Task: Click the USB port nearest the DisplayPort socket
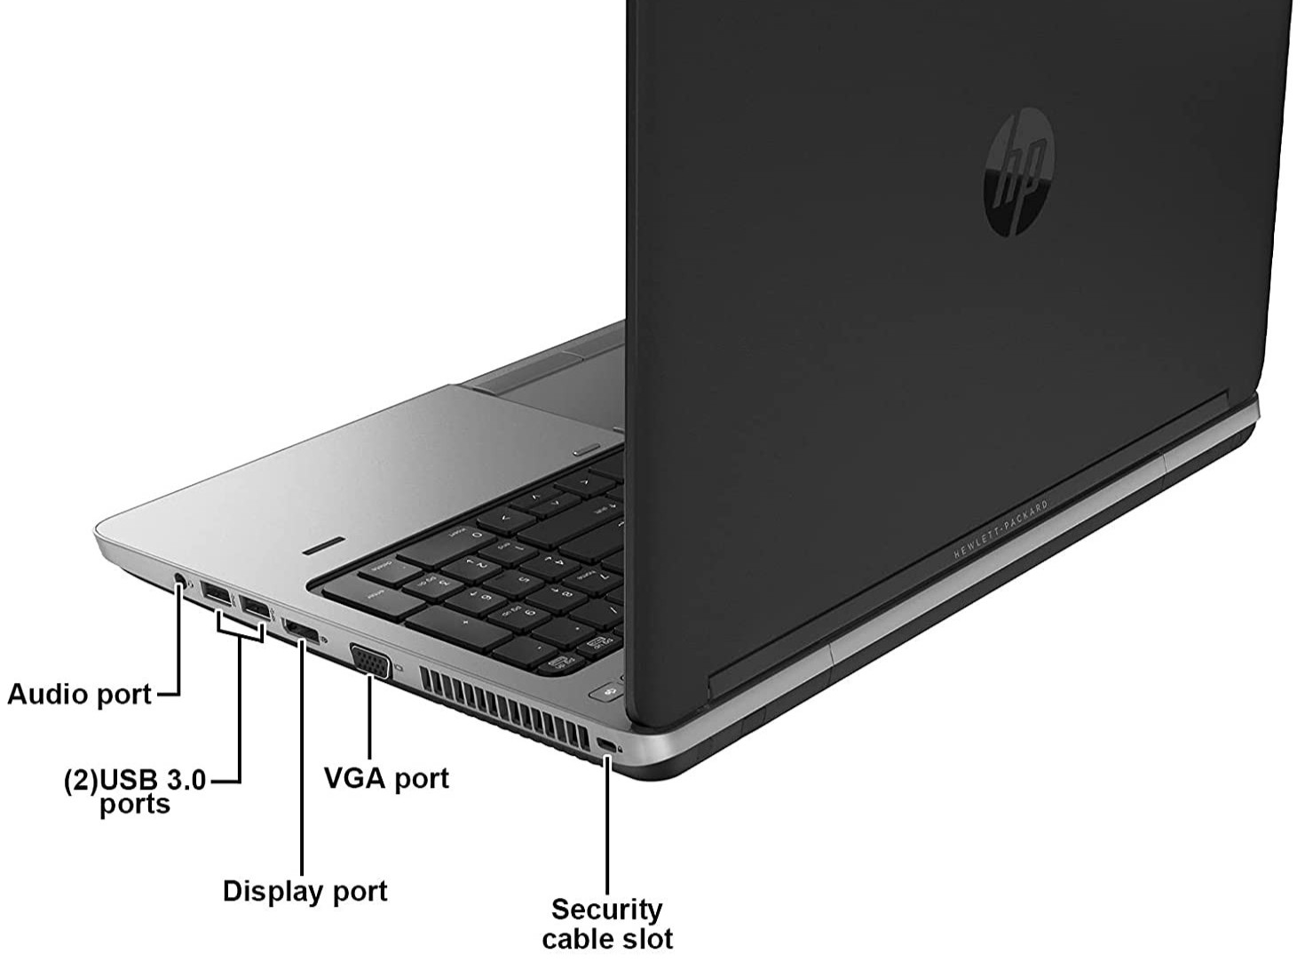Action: (x=255, y=609)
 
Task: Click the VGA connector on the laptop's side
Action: (x=371, y=661)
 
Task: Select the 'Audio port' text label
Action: (x=80, y=694)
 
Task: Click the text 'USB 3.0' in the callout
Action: (x=153, y=781)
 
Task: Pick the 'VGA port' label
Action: (x=386, y=778)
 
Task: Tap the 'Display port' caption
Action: (x=305, y=891)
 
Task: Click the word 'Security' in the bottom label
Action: (x=607, y=909)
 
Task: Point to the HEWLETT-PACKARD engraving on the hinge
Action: (x=1001, y=529)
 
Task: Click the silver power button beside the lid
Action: (x=586, y=449)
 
